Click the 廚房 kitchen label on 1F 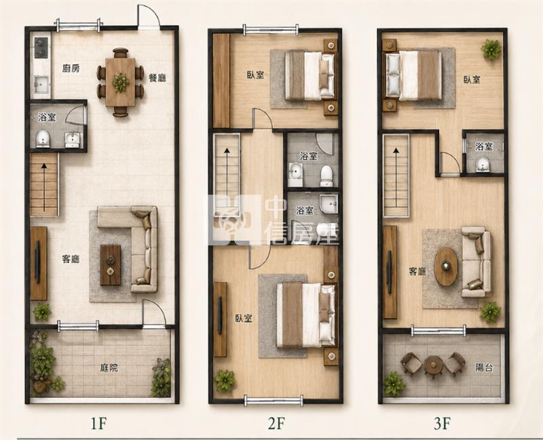(x=71, y=68)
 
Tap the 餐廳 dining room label (x=157, y=77)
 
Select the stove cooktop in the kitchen (x=41, y=47)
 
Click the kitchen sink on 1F (x=41, y=84)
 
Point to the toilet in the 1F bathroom (x=43, y=138)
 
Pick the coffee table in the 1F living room (x=111, y=265)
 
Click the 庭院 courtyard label (x=109, y=367)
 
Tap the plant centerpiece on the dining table (x=121, y=82)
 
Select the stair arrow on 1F (x=44, y=187)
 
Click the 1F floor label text (x=98, y=424)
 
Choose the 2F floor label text (x=276, y=424)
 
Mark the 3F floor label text (x=443, y=424)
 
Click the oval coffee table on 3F (x=446, y=266)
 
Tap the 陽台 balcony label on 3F (x=484, y=367)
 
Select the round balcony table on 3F (x=433, y=365)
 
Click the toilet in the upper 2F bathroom (x=326, y=176)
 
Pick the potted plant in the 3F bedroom (x=491, y=49)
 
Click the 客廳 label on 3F (x=417, y=272)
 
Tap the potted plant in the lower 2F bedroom (x=225, y=380)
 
